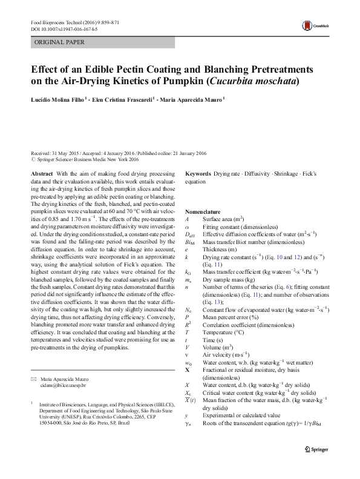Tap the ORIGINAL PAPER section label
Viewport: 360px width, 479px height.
point(59,42)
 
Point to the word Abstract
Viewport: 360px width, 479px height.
point(42,174)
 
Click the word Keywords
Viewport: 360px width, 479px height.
point(198,174)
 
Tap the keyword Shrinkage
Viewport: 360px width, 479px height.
point(286,174)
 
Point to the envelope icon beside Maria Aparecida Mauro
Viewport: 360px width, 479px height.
point(34,378)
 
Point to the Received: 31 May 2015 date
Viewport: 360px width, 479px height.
point(57,154)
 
